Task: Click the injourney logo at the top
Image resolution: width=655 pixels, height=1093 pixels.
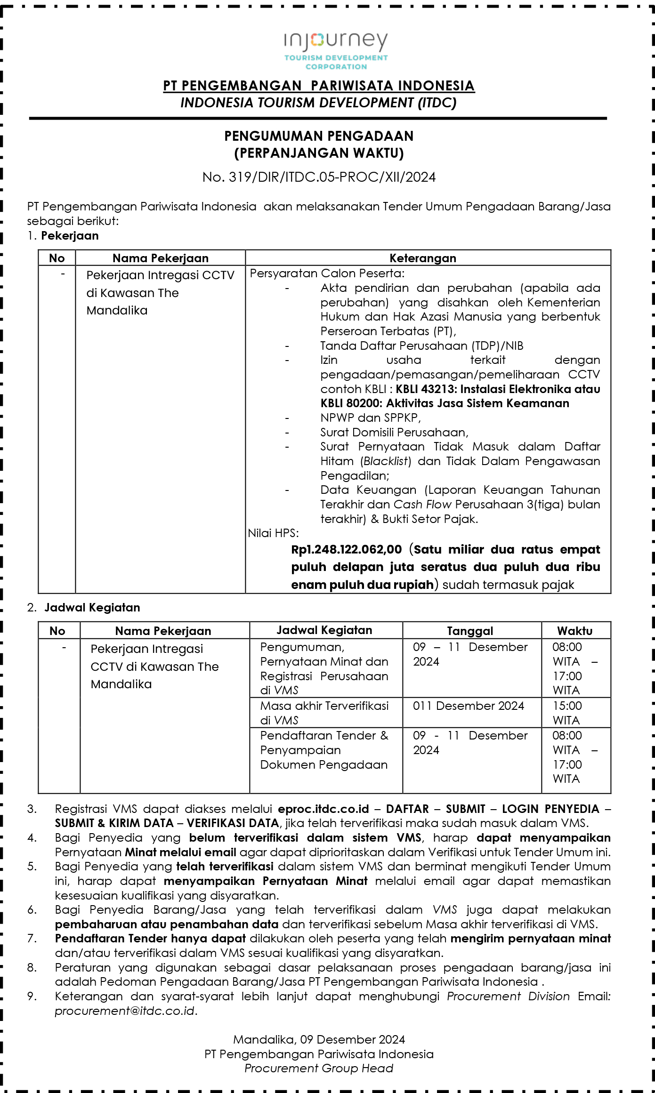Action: point(336,50)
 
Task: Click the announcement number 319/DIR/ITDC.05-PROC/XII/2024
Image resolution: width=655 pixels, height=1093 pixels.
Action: point(319,177)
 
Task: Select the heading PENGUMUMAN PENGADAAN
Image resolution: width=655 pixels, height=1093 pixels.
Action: point(319,136)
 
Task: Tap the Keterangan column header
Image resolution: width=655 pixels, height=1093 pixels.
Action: point(422,258)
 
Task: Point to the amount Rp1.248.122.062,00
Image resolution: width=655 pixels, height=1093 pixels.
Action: point(346,550)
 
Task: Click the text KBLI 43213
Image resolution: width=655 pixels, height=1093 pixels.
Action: point(425,389)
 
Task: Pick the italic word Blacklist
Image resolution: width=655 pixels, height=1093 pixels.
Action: point(386,461)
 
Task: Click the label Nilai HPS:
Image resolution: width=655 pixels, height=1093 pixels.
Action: point(273,533)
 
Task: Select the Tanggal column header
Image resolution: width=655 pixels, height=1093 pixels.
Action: point(470,631)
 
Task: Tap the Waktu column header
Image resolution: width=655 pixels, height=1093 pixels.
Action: point(574,631)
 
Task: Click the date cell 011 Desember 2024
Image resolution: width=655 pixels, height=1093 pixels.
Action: point(468,706)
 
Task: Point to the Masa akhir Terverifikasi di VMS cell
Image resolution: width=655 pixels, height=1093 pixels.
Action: point(324,713)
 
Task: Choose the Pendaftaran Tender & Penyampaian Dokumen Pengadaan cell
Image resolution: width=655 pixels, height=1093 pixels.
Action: point(324,750)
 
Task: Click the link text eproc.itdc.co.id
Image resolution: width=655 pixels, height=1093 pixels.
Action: point(323,809)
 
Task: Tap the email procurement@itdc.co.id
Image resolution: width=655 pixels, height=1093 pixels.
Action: point(125,1011)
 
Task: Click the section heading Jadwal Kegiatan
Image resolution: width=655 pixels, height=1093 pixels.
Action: point(92,608)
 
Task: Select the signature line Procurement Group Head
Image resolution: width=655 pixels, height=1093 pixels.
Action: point(319,1068)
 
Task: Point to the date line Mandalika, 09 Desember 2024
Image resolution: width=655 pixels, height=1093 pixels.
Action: point(319,1039)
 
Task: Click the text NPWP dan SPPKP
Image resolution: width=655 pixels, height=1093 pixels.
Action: point(370,418)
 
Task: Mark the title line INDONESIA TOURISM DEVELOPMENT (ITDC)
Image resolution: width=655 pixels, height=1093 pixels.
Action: point(319,103)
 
